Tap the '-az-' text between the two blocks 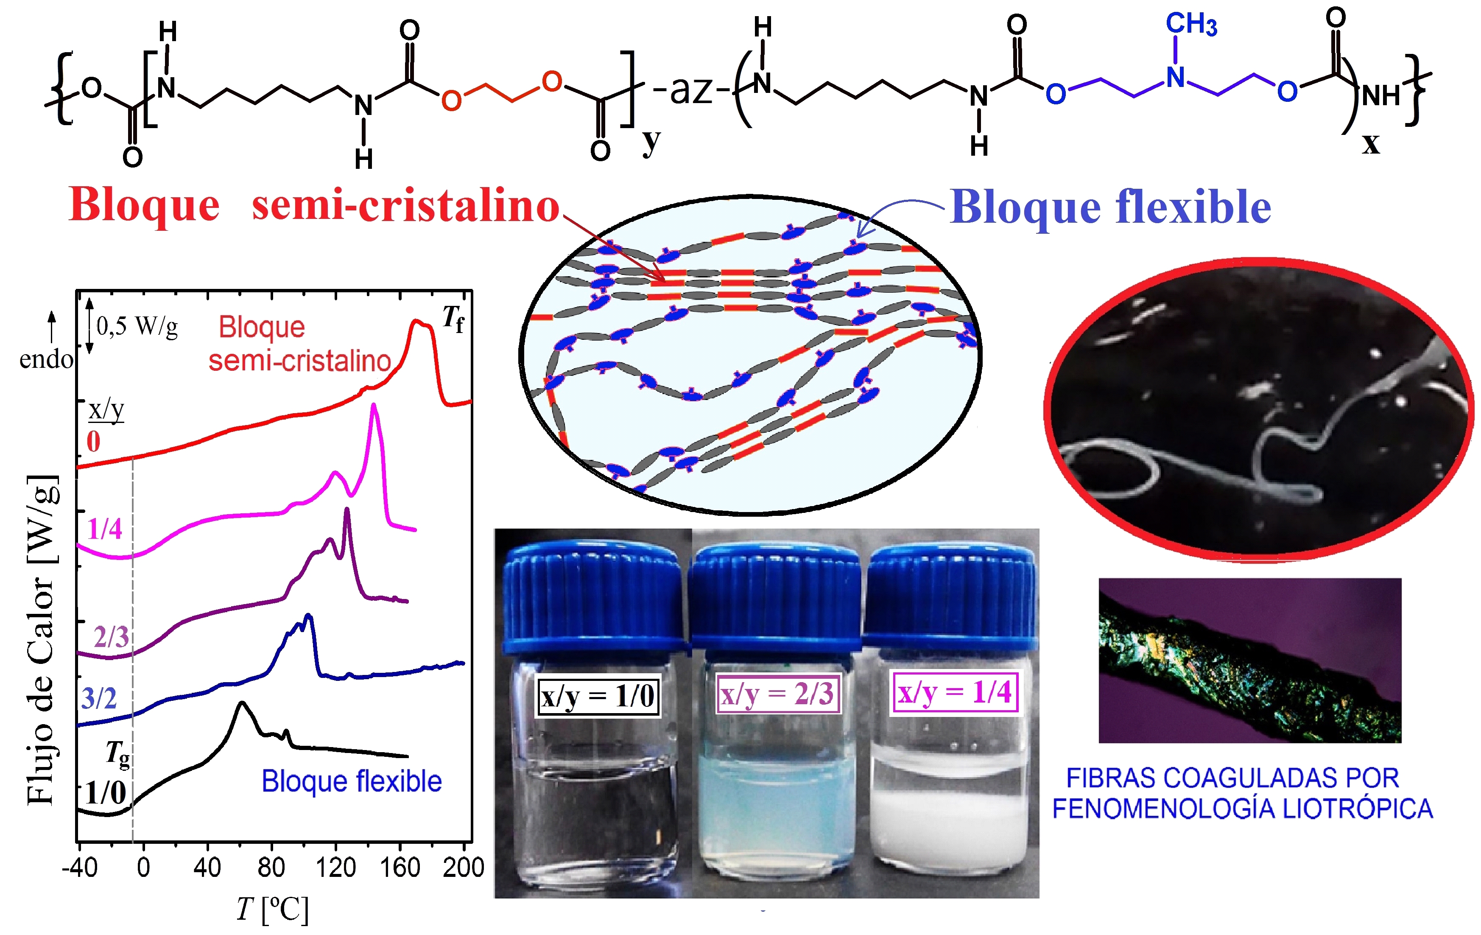(691, 90)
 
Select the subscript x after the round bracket (1371, 144)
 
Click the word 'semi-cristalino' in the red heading (406, 205)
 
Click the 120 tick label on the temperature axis (336, 867)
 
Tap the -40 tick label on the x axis (79, 867)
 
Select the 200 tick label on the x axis (463, 867)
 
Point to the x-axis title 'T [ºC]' (272, 909)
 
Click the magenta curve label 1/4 (105, 529)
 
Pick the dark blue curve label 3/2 (99, 698)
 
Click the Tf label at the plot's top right (454, 319)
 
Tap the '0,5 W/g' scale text (137, 326)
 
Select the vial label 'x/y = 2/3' (777, 694)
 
